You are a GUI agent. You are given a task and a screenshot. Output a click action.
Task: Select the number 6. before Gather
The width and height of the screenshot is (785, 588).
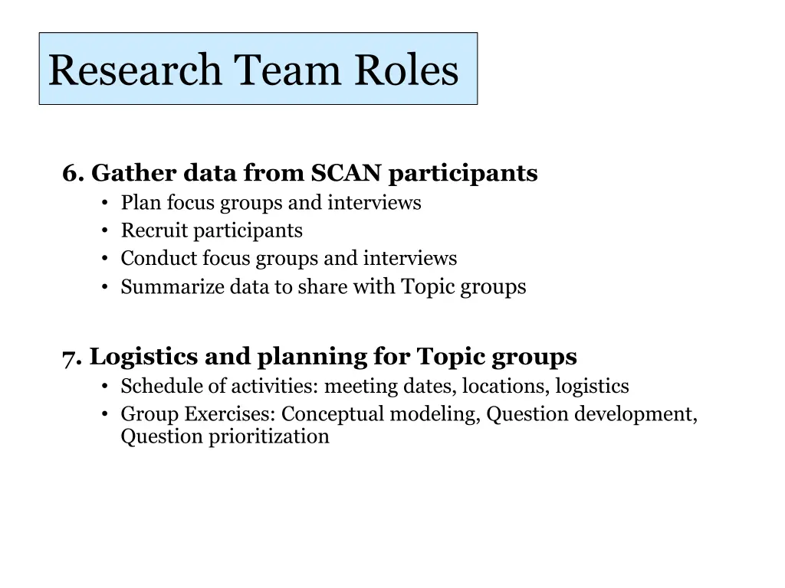73,174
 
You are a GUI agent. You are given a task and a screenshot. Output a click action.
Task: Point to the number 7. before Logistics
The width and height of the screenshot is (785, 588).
72,357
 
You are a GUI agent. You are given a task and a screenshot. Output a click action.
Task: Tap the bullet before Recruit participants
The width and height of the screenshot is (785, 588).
104,231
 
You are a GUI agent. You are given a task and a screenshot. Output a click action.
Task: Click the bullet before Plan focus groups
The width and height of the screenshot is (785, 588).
104,204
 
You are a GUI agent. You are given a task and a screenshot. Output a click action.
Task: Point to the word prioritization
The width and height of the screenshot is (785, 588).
269,437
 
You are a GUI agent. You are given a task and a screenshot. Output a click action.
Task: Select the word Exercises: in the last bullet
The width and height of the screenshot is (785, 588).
230,414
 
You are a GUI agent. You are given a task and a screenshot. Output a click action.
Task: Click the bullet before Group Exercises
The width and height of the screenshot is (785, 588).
104,414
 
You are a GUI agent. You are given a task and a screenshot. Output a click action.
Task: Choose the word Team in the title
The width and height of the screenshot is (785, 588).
288,70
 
